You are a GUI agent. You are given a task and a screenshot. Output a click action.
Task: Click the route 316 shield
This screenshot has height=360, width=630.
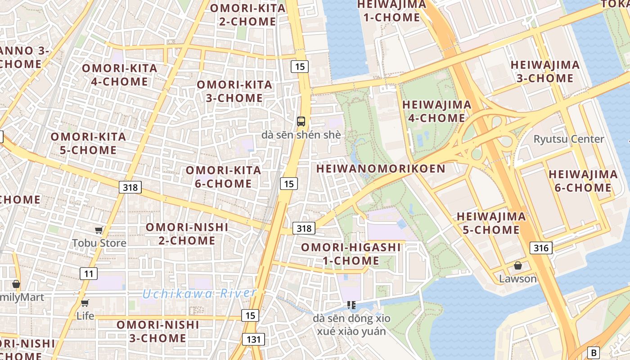coord(541,247)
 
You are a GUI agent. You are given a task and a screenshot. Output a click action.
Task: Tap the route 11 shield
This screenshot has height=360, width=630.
coord(89,273)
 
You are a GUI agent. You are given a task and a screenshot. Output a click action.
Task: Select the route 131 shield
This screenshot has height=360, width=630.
coord(253,339)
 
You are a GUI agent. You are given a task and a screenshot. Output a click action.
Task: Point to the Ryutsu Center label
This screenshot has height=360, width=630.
coord(569,139)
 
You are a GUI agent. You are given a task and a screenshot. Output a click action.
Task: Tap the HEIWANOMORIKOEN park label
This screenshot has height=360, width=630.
coord(381,169)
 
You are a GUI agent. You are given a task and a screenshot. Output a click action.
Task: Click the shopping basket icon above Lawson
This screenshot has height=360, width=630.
coord(518,266)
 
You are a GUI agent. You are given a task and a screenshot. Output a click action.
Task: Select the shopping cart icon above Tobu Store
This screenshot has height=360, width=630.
coord(99,230)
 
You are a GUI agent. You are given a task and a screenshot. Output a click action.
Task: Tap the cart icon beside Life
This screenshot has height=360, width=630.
coord(85,303)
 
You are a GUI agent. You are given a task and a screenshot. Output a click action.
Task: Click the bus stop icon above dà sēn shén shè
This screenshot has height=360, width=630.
coord(301,121)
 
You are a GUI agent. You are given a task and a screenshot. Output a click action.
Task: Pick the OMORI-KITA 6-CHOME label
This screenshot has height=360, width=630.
coord(224,177)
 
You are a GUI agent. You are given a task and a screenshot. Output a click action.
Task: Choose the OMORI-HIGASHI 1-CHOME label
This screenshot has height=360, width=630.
coord(351,254)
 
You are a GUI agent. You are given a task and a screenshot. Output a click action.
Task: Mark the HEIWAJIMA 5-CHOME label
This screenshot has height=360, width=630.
coord(491,223)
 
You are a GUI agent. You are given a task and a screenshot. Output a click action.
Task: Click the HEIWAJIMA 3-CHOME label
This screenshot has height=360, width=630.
coord(545,72)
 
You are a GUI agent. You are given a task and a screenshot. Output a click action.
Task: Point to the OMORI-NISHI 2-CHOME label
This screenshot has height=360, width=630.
coord(187,234)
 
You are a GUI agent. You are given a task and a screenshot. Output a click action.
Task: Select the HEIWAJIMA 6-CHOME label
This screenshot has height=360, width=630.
coord(583,181)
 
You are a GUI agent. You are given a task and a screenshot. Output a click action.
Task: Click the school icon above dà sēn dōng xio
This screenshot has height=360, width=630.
coord(351,305)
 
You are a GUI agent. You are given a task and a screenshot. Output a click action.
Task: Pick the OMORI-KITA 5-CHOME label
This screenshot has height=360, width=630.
coord(88,143)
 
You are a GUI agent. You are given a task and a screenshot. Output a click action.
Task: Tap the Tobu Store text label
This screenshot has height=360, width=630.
coord(99,243)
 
